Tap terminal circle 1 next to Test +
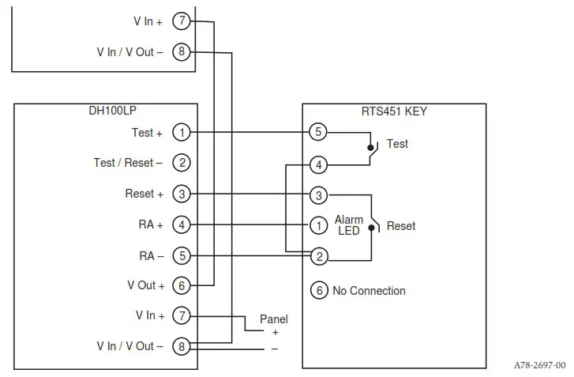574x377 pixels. pyautogui.click(x=182, y=133)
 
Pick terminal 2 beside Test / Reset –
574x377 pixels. pyautogui.click(x=182, y=164)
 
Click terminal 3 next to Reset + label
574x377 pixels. pyautogui.click(x=182, y=194)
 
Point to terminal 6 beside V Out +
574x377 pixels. pyautogui.click(x=182, y=285)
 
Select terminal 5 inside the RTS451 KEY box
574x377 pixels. pyautogui.click(x=318, y=132)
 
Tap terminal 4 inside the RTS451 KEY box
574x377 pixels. pyautogui.click(x=318, y=165)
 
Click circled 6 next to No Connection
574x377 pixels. pyautogui.click(x=319, y=291)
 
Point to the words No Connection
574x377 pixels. pyautogui.click(x=369, y=291)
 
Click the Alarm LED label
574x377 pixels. pyautogui.click(x=348, y=225)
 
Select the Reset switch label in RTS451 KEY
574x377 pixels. pyautogui.click(x=400, y=226)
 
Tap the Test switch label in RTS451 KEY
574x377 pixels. pyautogui.click(x=397, y=145)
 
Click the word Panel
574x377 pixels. pyautogui.click(x=274, y=319)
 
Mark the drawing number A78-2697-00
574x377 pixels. pyautogui.click(x=539, y=365)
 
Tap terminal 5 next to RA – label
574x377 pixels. pyautogui.click(x=182, y=256)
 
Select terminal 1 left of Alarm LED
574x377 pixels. pyautogui.click(x=318, y=225)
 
